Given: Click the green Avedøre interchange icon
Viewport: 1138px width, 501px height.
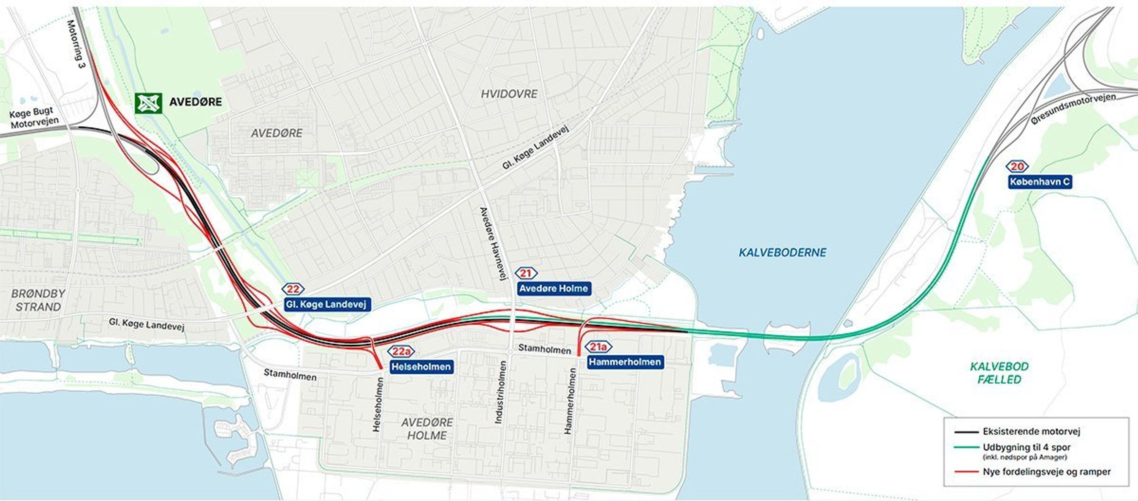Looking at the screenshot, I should pyautogui.click(x=148, y=103).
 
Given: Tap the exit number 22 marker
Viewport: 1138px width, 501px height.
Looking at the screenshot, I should pyautogui.click(x=293, y=289).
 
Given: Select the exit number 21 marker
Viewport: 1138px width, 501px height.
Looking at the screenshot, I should pyautogui.click(x=526, y=273).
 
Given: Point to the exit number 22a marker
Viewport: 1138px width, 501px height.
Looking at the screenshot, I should pyautogui.click(x=402, y=351).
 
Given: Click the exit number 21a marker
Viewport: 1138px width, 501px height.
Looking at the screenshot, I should pyautogui.click(x=599, y=347).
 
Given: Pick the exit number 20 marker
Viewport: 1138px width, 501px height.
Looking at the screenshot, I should pyautogui.click(x=1017, y=166).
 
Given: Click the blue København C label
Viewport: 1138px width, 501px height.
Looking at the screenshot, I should pyautogui.click(x=1040, y=182).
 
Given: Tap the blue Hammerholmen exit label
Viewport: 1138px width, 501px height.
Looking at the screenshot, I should pyautogui.click(x=625, y=362).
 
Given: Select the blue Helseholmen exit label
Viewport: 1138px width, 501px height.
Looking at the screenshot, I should pyautogui.click(x=421, y=367).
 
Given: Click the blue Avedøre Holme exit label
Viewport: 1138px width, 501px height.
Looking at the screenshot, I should pyautogui.click(x=553, y=289).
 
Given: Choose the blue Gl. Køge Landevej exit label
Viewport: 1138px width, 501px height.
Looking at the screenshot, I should pyautogui.click(x=326, y=305).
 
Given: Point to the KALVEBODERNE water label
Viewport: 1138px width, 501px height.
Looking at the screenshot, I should pyautogui.click(x=782, y=252).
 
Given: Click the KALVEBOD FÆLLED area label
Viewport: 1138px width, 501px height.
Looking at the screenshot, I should pyautogui.click(x=999, y=373).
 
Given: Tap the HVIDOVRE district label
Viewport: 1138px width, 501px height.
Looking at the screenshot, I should pyautogui.click(x=509, y=94).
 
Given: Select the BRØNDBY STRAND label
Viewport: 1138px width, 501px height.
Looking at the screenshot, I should pyautogui.click(x=38, y=300).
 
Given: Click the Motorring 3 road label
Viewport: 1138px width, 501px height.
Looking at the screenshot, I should pyautogui.click(x=76, y=44).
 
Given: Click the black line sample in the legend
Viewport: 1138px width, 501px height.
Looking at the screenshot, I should pyautogui.click(x=966, y=432).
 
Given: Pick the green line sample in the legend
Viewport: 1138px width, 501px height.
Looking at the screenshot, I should pyautogui.click(x=966, y=447).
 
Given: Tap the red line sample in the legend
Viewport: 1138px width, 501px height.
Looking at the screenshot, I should pyautogui.click(x=966, y=472).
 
